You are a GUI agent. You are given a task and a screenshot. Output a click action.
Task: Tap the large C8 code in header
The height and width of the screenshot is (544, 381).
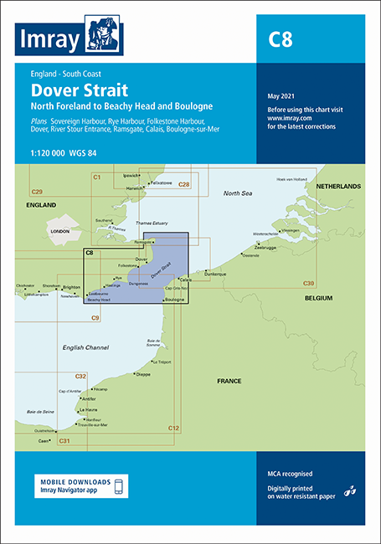[279, 38]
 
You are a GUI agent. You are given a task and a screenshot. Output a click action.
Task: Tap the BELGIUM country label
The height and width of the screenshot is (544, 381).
[319, 298]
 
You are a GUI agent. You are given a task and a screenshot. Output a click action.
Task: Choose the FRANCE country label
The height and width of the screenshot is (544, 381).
[229, 382]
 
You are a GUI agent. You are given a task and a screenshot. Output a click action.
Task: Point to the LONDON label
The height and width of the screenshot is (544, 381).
[59, 231]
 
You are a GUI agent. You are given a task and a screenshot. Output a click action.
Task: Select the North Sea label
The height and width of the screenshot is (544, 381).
[237, 193]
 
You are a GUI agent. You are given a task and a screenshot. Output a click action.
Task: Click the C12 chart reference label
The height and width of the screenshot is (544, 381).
[173, 429]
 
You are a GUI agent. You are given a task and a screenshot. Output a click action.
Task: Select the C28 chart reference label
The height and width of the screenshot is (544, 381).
[183, 184]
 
